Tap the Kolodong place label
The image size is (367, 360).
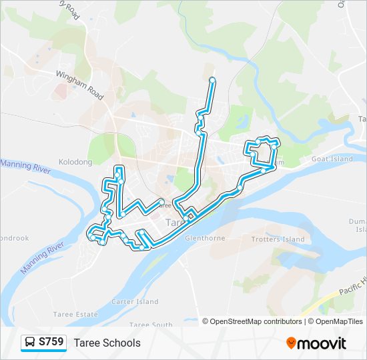click(75, 162)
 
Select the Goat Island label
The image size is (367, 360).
click(332, 159)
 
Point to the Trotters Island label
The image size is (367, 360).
click(278, 239)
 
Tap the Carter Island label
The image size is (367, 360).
click(135, 302)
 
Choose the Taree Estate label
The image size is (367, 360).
click(73, 313)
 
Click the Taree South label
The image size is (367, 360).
click(151, 325)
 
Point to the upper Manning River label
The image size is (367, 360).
click(25, 167)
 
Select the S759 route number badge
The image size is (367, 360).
click(51, 342)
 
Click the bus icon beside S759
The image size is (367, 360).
click(30, 343)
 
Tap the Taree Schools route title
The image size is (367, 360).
click(107, 343)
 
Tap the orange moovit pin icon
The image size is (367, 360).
click(291, 343)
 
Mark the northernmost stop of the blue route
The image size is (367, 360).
click(212, 80)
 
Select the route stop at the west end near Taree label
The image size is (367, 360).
click(161, 200)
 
